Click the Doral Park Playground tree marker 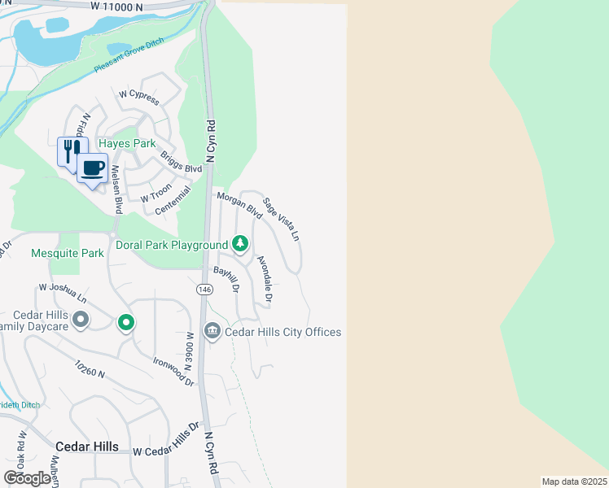(x=240, y=243)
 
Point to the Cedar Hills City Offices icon (x=212, y=330)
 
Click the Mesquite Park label (x=68, y=253)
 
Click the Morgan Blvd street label (x=239, y=204)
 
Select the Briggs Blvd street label (x=181, y=162)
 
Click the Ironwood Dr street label (x=174, y=370)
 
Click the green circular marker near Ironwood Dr (x=125, y=323)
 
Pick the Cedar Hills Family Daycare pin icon (x=80, y=319)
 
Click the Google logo (x=27, y=477)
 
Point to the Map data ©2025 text (x=573, y=481)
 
